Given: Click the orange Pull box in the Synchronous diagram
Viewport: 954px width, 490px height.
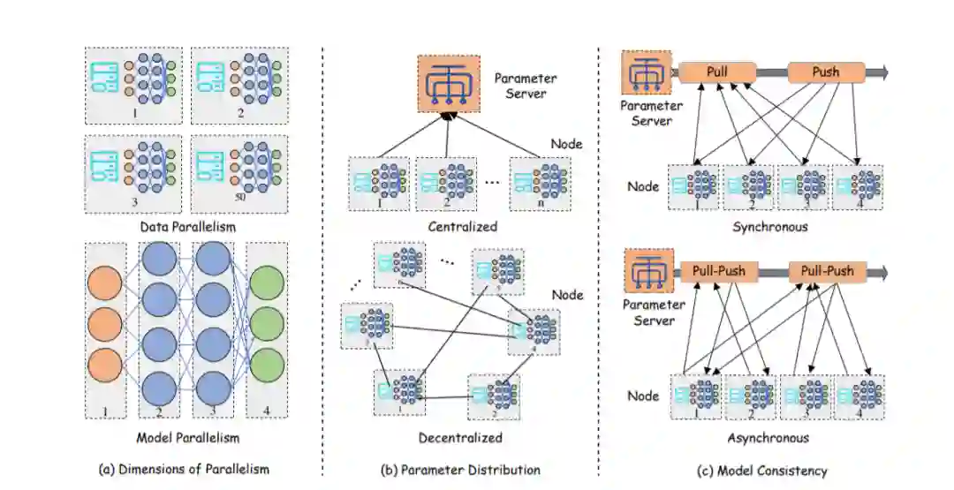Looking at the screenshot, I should coord(717,72).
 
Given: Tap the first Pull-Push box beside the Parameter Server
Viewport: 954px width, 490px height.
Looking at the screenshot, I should coord(717,272).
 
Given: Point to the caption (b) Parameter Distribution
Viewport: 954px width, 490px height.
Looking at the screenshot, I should coord(460,470).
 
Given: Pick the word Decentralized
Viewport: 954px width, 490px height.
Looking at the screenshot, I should coord(460,437).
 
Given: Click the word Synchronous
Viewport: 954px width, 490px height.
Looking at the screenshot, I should coord(770,226).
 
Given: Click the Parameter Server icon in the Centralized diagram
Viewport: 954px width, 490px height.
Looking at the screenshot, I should coord(450,83).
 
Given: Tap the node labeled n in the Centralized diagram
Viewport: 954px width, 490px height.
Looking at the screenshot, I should coord(540,183).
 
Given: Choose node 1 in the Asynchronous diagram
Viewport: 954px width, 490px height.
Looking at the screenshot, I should coord(698,396).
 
